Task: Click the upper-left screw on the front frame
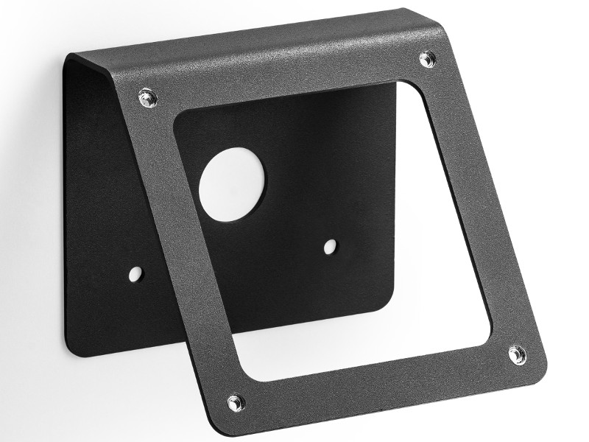point(147,95)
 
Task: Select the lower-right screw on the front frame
point(517,354)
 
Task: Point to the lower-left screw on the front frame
point(236,402)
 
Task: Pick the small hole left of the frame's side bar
point(135,274)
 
